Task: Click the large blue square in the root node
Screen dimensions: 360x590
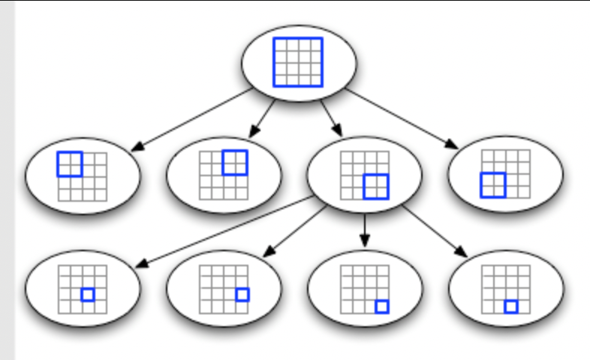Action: click(298, 61)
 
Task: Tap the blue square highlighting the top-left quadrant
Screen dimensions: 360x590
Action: click(70, 164)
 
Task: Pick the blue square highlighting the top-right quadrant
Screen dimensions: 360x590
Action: click(234, 162)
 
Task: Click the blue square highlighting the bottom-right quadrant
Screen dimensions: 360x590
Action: click(375, 187)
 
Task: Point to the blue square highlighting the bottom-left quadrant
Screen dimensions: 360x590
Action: click(493, 184)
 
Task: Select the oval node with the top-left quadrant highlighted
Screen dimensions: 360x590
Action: click(83, 175)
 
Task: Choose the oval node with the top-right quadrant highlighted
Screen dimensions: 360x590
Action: click(224, 175)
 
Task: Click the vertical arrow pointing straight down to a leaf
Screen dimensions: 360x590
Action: click(364, 229)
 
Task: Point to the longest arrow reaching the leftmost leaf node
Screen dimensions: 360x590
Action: click(225, 232)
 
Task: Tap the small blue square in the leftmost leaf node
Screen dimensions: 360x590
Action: click(88, 295)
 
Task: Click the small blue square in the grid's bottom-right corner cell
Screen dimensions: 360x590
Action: click(382, 306)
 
